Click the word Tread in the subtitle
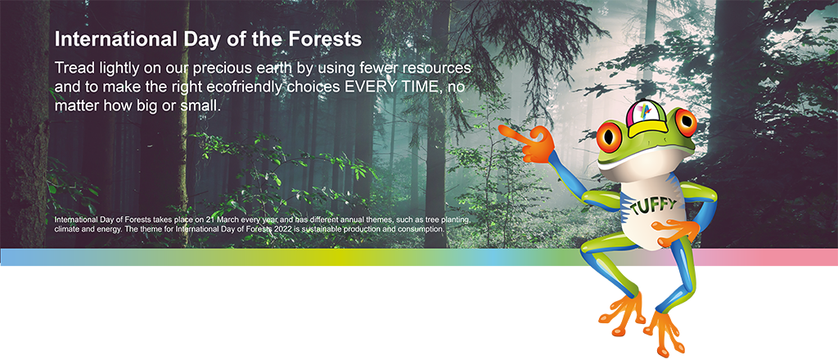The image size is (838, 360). [73, 69]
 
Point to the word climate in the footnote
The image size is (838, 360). [65, 229]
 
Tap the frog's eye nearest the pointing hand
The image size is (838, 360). [609, 137]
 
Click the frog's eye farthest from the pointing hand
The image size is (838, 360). [685, 122]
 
